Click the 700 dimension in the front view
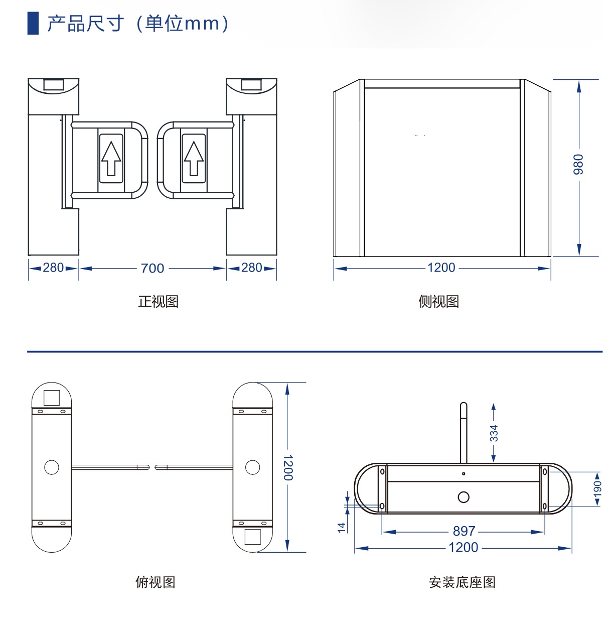tap(152, 269)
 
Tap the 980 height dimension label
tap(578, 164)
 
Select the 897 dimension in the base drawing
tap(464, 531)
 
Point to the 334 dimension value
tap(494, 433)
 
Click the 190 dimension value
tap(597, 488)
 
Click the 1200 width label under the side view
tap(441, 268)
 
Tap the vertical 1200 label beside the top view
tap(288, 468)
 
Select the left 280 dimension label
tap(53, 268)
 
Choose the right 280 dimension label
tap(251, 268)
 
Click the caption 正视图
tap(158, 302)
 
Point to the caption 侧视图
tap(438, 302)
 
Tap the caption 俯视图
tap(156, 582)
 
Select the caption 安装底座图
tap(462, 582)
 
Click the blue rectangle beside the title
tap(33, 23)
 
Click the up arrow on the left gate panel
tap(111, 158)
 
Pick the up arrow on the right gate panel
tap(194, 158)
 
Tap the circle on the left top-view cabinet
tap(52, 467)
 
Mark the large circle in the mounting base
tap(464, 497)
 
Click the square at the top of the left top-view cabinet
tap(52, 398)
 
